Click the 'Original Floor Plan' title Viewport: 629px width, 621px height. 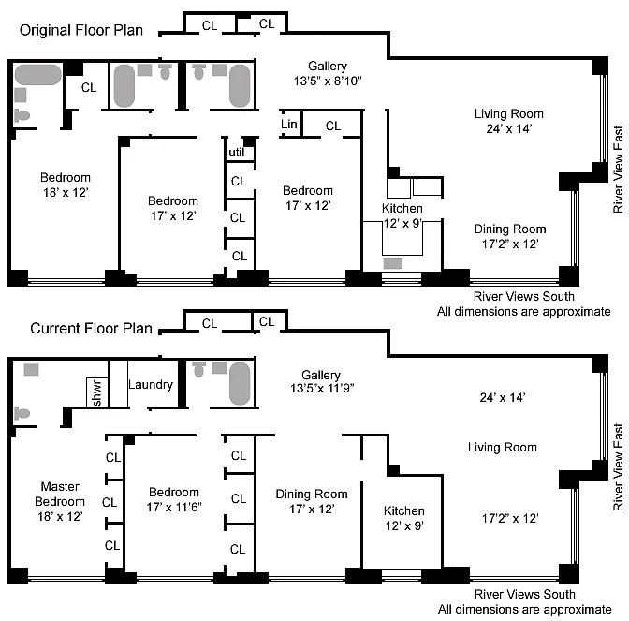click(x=82, y=30)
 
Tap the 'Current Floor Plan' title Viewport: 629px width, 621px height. click(x=87, y=329)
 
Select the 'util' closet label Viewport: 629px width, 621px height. click(x=237, y=154)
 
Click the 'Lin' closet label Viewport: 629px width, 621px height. click(x=289, y=125)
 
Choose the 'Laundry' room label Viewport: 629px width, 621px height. click(x=150, y=384)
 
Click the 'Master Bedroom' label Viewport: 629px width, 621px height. click(x=60, y=494)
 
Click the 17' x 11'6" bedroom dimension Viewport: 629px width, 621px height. click(x=173, y=507)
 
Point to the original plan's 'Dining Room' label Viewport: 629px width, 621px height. click(x=509, y=229)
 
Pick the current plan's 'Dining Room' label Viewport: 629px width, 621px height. click(x=311, y=494)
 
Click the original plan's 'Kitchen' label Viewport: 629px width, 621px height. click(x=402, y=208)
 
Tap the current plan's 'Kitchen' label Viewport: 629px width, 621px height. click(x=404, y=510)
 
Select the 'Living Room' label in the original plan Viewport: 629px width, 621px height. click(x=508, y=114)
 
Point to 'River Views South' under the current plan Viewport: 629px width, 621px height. click(x=524, y=594)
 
